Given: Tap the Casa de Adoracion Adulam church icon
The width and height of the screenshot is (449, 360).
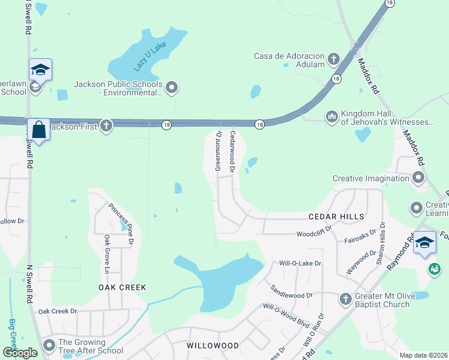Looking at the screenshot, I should coord(334,59).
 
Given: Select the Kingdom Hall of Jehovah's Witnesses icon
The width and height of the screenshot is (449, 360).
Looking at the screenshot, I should coord(331,116).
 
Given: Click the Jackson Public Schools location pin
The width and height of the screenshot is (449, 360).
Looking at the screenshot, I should coord(172,88).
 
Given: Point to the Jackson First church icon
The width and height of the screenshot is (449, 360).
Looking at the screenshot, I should coord(106,125).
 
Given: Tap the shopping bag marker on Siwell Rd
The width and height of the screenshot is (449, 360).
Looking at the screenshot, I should coord(39,130).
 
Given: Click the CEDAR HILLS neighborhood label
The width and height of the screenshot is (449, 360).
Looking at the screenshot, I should coord(336,217).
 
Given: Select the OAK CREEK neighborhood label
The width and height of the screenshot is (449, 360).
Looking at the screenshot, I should coord(122,287).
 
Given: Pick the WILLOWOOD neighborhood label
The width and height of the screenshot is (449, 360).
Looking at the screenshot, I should coord(212,346).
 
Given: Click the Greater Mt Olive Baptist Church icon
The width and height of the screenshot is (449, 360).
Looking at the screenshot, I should coord(345,298).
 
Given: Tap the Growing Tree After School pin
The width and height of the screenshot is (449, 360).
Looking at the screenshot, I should coord(49,346).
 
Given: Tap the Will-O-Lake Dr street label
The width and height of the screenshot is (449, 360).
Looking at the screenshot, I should coord(300,263).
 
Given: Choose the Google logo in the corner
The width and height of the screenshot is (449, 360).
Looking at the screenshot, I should coord(20,353).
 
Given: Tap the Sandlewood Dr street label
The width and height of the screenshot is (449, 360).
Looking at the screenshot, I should coord(292,292).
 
